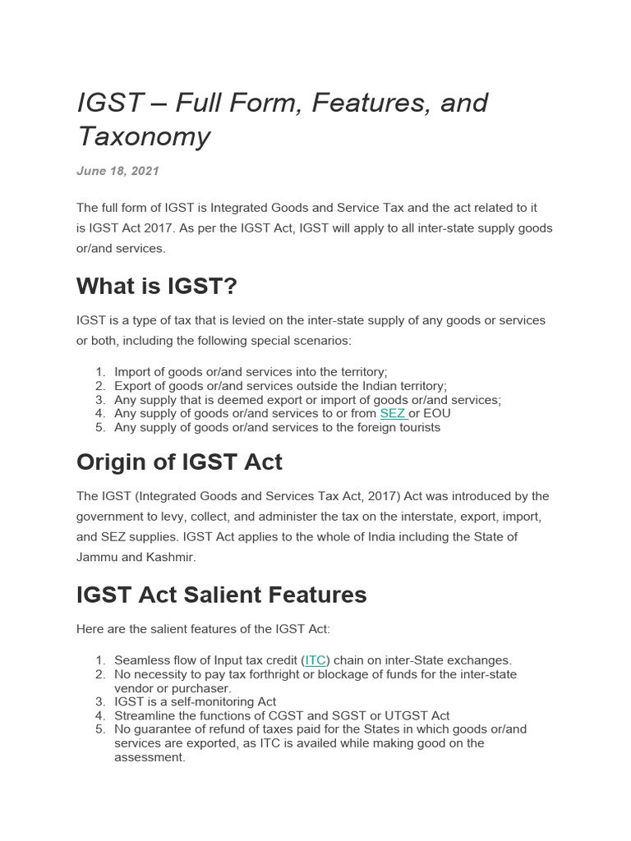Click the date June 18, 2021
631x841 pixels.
[x=117, y=171]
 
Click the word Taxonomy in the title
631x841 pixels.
[x=144, y=136]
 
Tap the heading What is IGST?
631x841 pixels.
[x=156, y=287]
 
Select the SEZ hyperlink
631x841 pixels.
[x=393, y=413]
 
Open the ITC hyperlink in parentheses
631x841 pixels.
[x=315, y=659]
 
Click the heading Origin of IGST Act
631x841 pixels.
[x=179, y=462]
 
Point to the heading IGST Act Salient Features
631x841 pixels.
[x=221, y=595]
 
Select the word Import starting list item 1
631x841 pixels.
[x=132, y=371]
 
